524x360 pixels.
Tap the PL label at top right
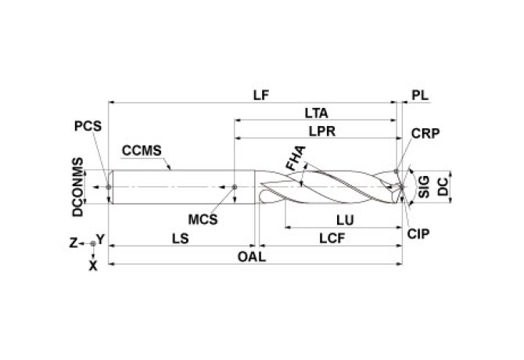(x=421, y=95)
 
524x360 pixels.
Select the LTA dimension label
(x=316, y=113)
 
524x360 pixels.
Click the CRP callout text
(x=425, y=133)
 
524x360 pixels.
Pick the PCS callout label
(x=88, y=125)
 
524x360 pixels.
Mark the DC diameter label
(x=443, y=185)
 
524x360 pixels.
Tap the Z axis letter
(x=73, y=243)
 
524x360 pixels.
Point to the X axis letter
(x=93, y=266)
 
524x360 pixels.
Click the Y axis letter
(x=100, y=238)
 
